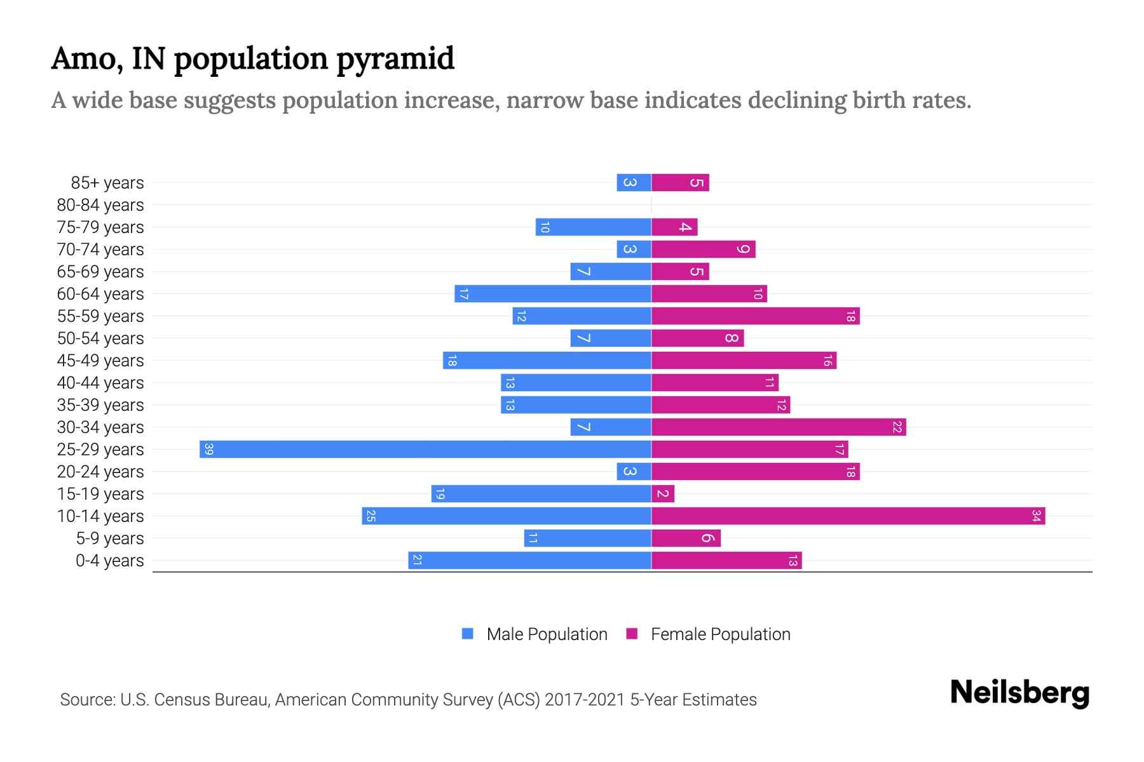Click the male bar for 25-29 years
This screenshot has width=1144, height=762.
click(425, 450)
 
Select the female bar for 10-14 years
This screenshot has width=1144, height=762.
click(848, 516)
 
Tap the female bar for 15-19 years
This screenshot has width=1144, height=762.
click(663, 494)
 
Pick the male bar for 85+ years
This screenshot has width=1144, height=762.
click(634, 183)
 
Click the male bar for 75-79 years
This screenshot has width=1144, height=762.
click(593, 227)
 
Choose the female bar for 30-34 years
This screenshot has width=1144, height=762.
click(779, 427)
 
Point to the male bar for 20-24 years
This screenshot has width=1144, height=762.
click(634, 472)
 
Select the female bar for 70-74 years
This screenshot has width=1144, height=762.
click(704, 250)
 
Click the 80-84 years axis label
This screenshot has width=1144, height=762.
click(100, 205)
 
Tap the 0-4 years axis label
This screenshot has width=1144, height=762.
click(109, 561)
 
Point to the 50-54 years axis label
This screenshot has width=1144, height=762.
click(100, 338)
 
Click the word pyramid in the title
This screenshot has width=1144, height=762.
click(395, 59)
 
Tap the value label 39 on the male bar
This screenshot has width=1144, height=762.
click(208, 450)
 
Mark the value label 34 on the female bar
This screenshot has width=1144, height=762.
click(1036, 516)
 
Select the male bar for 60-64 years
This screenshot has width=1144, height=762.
click(553, 294)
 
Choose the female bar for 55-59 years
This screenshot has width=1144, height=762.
click(756, 316)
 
